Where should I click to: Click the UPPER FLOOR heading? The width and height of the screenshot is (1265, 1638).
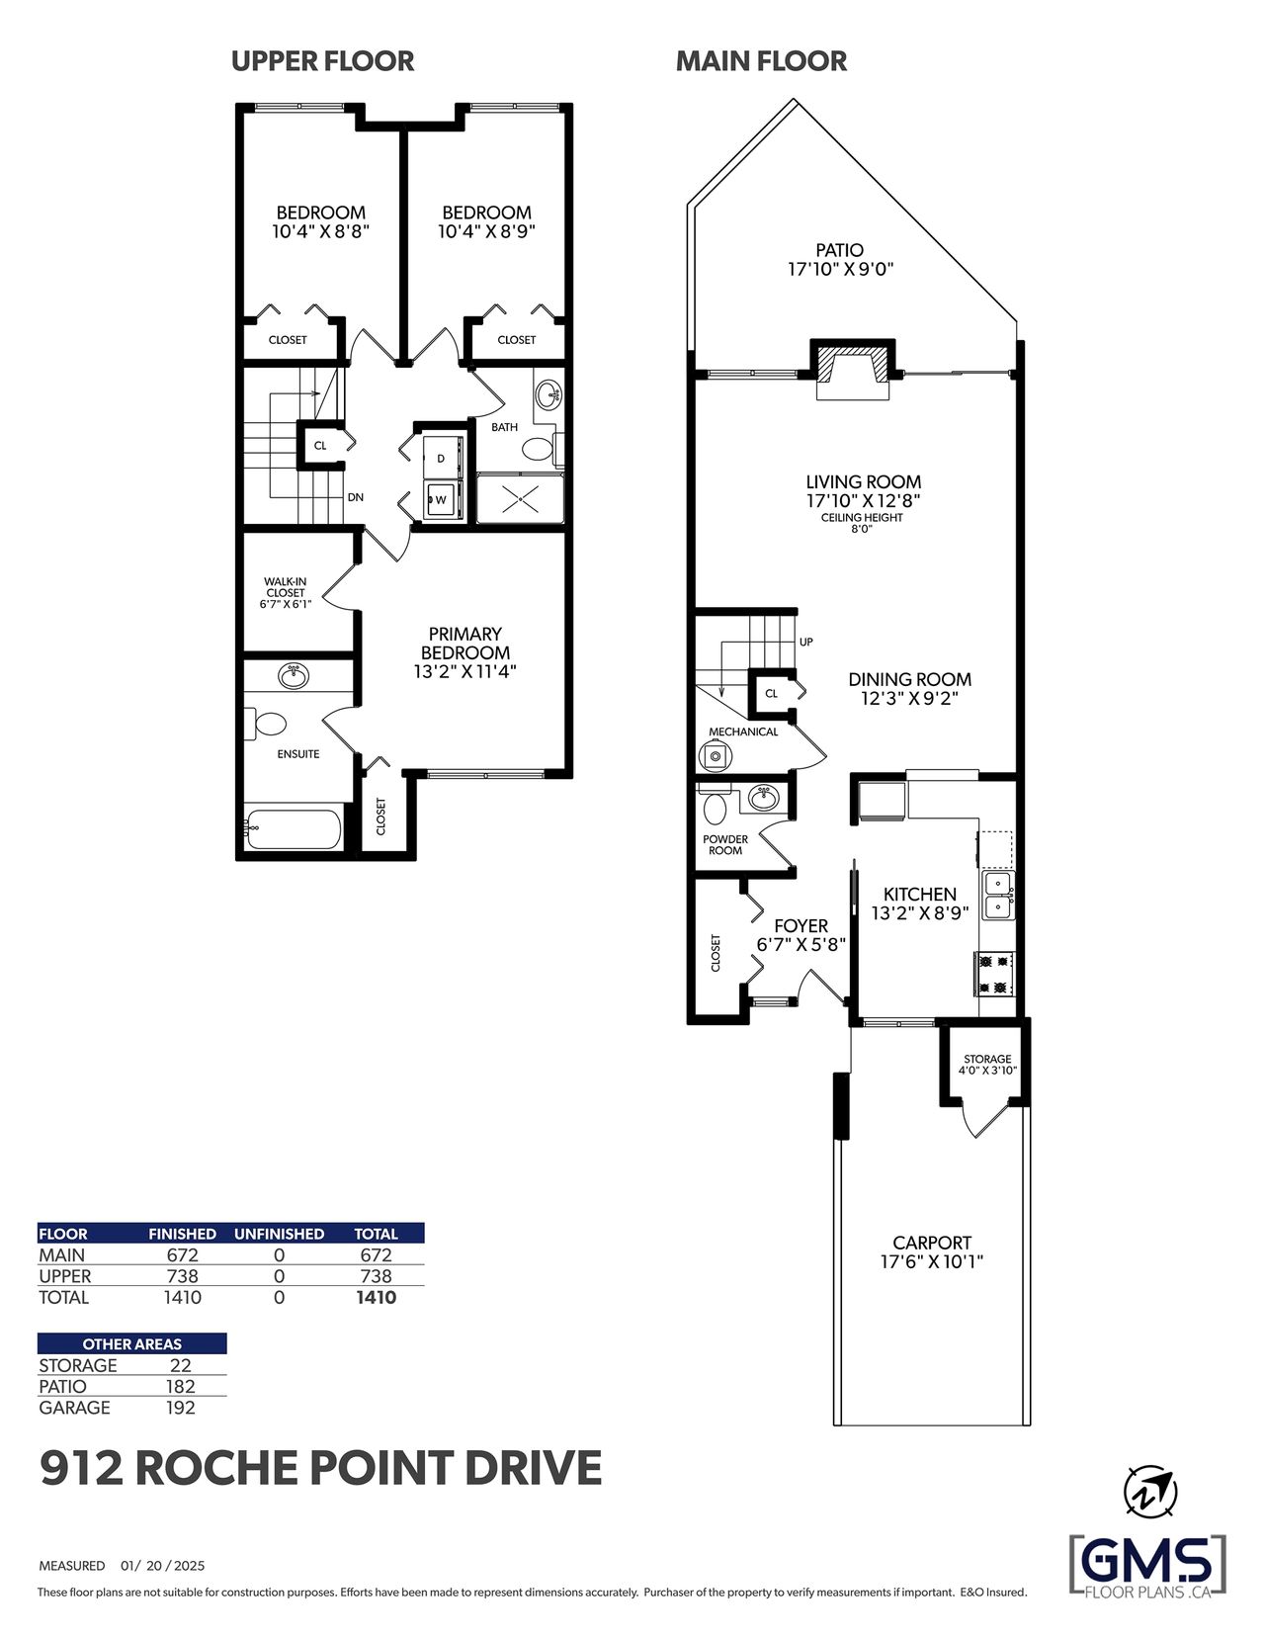point(322,61)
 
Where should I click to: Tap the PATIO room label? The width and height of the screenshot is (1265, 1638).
point(839,249)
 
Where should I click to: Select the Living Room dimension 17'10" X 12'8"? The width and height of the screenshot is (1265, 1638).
point(864,500)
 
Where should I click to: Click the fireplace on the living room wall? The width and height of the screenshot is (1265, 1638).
point(853,370)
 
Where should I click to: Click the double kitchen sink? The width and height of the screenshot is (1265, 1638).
point(998,895)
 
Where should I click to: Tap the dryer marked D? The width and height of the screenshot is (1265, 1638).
point(441,456)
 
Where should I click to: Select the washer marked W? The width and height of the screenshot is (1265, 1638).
point(441,499)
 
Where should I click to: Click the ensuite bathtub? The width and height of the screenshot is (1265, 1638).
point(294,829)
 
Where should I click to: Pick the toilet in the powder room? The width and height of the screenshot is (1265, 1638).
point(713,805)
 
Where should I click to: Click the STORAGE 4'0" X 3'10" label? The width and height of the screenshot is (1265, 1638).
point(987,1065)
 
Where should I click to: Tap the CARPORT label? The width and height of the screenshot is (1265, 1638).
point(932,1243)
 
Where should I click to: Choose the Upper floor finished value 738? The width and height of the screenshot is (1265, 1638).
point(182,1275)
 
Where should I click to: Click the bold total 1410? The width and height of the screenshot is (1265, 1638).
point(376,1297)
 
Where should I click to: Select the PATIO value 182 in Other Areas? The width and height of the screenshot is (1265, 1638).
point(180,1386)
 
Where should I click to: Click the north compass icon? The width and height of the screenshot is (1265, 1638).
point(1149,1490)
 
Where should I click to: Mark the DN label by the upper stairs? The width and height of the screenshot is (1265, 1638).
point(355,497)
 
